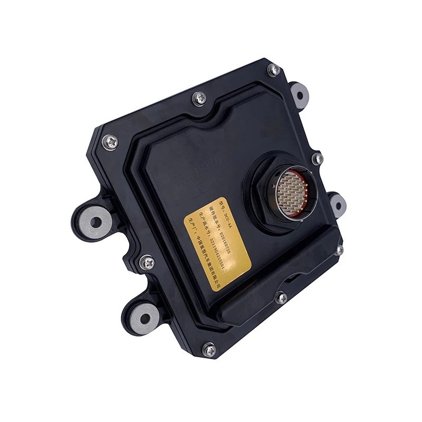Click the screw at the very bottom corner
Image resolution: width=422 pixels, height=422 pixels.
pyautogui.click(x=209, y=349)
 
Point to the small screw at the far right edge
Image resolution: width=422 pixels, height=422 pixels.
pyautogui.click(x=340, y=250)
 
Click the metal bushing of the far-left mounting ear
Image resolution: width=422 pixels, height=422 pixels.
pyautogui.click(x=95, y=221)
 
